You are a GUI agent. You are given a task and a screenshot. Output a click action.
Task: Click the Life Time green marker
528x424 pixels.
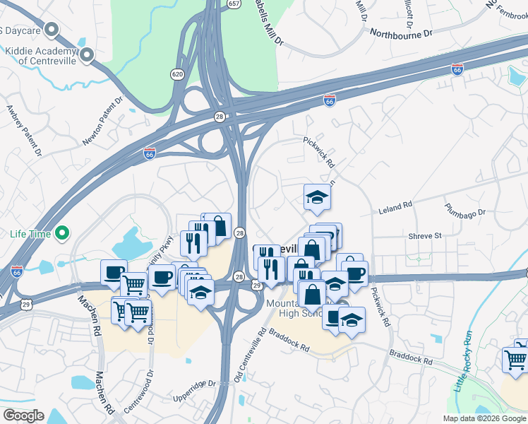[x=62, y=232]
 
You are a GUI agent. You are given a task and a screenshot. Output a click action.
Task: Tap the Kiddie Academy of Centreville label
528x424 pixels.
[x=40, y=56]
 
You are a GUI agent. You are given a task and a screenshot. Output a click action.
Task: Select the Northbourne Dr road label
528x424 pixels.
[x=400, y=33]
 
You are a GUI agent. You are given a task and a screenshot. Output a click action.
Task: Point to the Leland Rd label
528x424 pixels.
[x=395, y=207]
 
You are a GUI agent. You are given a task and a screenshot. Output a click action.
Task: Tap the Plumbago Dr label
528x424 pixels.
[x=465, y=211]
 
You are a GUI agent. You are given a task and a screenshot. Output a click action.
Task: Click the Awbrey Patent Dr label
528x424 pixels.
[x=24, y=131]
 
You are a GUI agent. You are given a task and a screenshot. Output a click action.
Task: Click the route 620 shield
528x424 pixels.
[x=177, y=73]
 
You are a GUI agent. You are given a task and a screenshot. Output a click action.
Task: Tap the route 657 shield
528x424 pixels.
[x=232, y=4]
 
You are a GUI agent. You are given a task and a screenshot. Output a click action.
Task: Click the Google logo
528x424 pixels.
[x=23, y=416]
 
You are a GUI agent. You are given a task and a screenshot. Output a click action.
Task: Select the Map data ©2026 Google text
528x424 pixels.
[x=484, y=418]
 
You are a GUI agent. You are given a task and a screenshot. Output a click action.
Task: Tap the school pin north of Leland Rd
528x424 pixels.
[x=318, y=197]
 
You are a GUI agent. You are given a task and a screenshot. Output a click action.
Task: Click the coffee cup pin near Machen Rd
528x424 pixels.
[x=113, y=273]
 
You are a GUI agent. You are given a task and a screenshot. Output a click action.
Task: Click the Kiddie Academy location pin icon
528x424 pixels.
[x=88, y=55]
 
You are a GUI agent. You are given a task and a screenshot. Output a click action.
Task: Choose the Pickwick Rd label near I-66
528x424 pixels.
[x=319, y=153]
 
